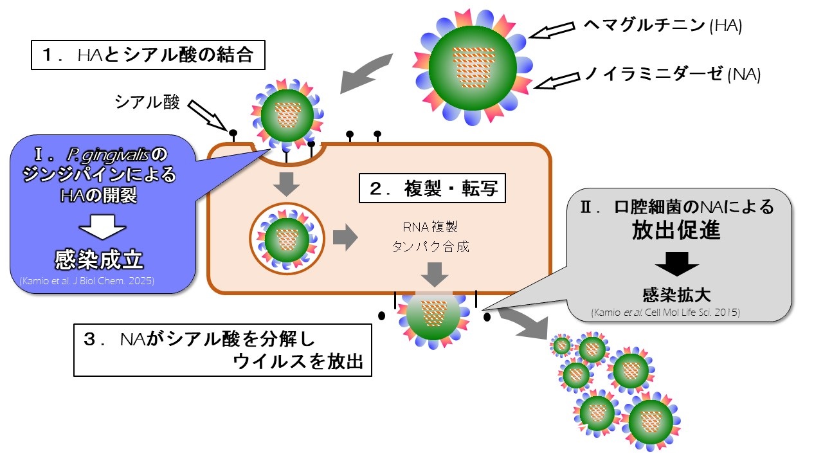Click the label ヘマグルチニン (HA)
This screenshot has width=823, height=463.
662,26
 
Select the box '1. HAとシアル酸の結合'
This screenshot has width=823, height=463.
149,55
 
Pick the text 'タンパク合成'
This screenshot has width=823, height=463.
431,246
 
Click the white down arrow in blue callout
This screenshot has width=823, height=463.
102,226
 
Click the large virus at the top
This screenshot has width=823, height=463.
472,64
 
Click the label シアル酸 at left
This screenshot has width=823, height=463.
147,102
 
